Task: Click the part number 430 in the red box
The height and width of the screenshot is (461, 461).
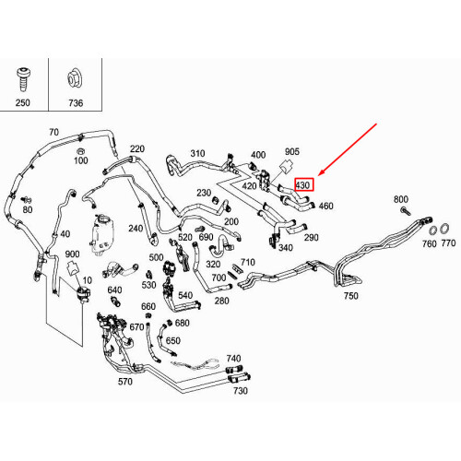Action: (302, 185)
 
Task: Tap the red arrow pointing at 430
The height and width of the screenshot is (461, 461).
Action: (348, 149)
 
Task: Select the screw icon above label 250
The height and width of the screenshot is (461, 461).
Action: (23, 79)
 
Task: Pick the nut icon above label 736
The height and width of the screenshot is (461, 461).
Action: (75, 78)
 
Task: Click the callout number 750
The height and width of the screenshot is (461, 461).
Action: (351, 296)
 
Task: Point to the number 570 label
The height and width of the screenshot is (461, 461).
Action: (125, 382)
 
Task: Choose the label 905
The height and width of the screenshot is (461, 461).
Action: (292, 151)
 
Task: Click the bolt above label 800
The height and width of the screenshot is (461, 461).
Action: (406, 211)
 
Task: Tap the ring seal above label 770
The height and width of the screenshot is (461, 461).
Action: (444, 229)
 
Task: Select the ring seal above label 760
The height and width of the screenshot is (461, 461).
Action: (432, 230)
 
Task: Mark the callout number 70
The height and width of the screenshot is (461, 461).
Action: (53, 132)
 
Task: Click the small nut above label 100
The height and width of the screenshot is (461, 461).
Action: (80, 151)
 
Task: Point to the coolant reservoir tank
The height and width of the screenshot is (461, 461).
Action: (102, 234)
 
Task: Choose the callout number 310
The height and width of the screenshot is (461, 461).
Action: (197, 153)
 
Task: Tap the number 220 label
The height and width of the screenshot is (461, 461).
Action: (137, 148)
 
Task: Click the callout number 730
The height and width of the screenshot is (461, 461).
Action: (241, 391)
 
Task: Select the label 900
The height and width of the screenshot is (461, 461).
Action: (72, 254)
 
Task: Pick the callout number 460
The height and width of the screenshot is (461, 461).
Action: (325, 206)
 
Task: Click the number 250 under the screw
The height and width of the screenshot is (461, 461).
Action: (23, 102)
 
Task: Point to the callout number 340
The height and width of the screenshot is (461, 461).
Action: (286, 247)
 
